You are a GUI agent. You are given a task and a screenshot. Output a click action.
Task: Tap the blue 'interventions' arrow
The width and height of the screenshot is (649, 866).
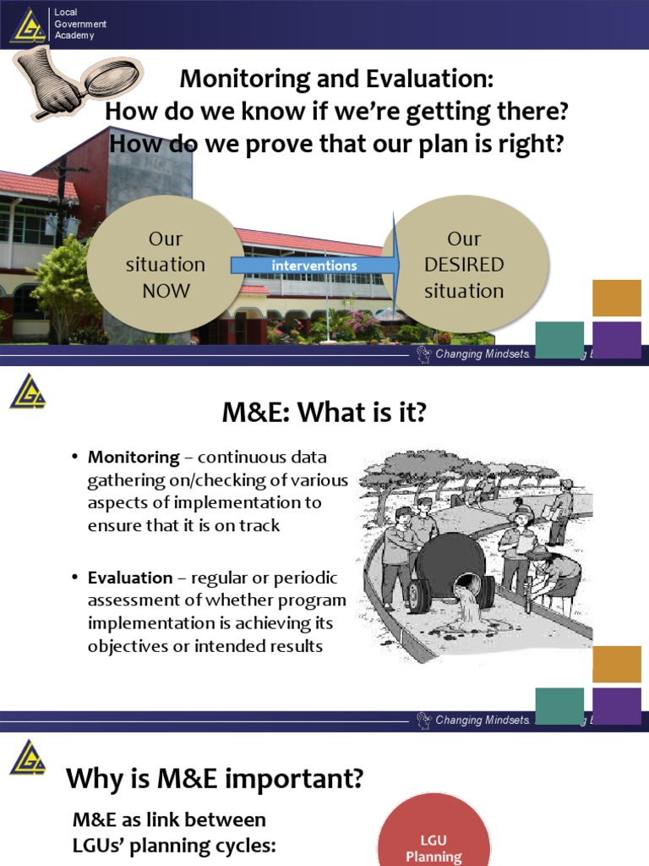point(314,266)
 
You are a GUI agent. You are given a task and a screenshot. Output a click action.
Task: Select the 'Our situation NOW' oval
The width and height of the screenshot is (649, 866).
point(166,264)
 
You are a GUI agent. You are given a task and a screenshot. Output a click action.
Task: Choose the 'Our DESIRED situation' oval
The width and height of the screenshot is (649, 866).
point(464,264)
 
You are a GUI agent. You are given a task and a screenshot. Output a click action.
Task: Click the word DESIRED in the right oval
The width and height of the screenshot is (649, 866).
point(464,265)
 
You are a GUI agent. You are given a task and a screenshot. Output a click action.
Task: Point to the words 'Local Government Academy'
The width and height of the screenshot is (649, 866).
point(80,25)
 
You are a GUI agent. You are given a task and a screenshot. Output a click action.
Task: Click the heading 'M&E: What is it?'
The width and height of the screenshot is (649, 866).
point(324,414)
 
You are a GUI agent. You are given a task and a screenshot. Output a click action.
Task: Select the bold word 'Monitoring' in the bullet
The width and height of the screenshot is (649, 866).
point(134,458)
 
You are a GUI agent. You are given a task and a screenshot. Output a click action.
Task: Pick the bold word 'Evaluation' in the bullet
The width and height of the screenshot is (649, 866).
point(130,578)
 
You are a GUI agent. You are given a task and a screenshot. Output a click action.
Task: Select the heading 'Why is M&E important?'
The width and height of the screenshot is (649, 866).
point(215,777)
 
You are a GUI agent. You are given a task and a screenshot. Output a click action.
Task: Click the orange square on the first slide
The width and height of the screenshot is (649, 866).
point(617,298)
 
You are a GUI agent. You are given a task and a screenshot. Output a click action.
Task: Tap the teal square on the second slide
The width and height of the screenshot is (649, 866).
point(559,705)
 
